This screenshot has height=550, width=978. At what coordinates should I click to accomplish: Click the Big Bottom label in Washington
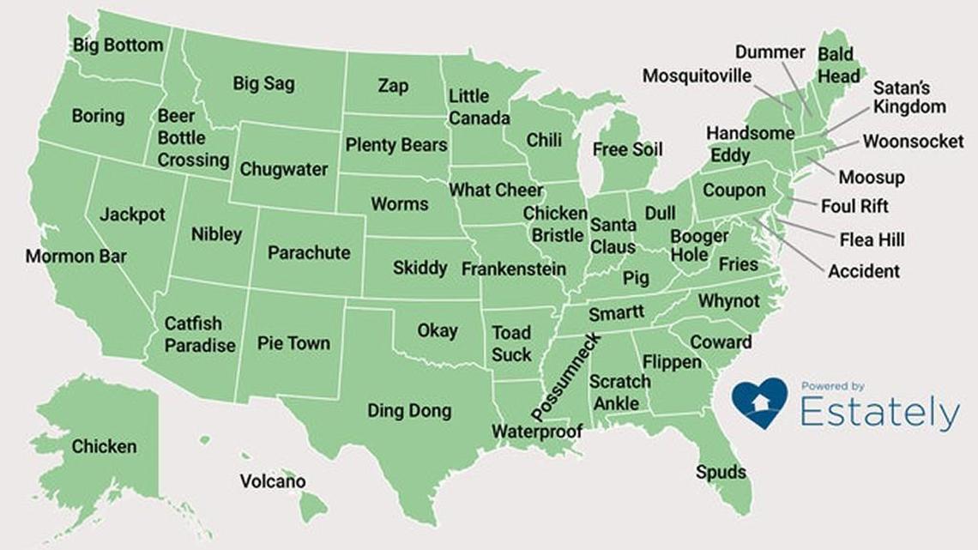118,45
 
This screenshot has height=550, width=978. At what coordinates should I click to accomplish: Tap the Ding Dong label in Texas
409,411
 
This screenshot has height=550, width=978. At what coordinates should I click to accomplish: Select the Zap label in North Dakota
393,86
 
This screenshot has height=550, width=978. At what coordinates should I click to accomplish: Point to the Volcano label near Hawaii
272,481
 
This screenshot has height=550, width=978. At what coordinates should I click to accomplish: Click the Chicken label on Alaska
104,447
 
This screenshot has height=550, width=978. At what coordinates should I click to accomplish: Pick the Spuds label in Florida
721,472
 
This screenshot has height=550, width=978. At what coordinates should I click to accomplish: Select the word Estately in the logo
879,414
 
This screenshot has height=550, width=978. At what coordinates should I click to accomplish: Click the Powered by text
832,386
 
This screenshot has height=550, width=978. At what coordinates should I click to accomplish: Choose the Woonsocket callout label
913,142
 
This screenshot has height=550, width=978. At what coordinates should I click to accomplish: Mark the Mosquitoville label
697,76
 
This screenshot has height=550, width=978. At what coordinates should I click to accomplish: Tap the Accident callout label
864,272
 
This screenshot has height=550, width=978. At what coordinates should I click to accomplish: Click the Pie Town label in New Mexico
293,343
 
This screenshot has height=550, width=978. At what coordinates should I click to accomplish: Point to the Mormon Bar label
75,257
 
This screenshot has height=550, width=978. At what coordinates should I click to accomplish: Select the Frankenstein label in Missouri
513,269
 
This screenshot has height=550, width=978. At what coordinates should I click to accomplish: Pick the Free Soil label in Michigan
627,150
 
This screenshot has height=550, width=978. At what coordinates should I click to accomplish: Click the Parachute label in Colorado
309,253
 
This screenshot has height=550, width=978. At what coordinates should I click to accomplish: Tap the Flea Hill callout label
872,239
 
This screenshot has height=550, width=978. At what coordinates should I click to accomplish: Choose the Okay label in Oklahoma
437,330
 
